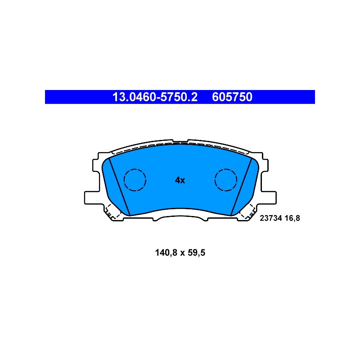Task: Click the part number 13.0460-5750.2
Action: click(155, 97)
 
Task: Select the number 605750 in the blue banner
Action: click(232, 97)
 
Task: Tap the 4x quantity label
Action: click(180, 180)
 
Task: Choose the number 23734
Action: click(271, 218)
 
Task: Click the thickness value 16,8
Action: click(292, 218)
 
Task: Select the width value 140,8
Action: click(166, 253)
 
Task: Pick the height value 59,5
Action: click(197, 253)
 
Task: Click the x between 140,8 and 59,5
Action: click(183, 253)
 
